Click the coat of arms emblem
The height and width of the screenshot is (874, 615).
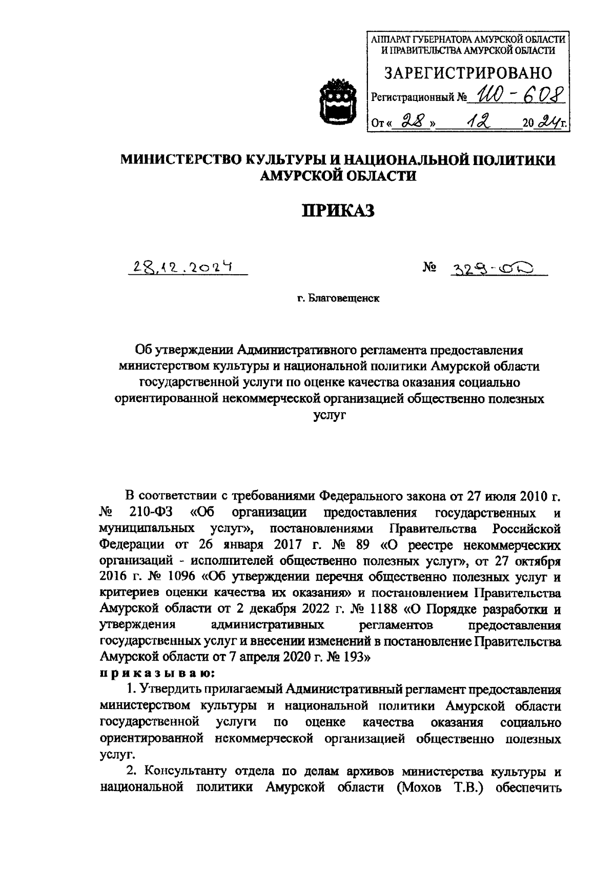(x=334, y=101)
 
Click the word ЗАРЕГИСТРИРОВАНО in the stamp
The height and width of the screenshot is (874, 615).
(x=468, y=73)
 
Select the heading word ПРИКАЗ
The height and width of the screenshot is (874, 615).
(x=338, y=210)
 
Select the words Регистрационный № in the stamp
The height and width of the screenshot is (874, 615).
(x=420, y=97)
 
